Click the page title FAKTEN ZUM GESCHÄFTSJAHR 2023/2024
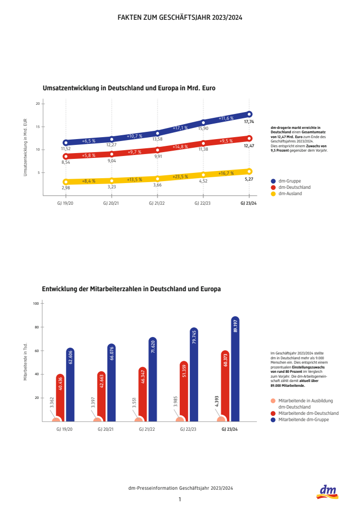(x=180, y=17)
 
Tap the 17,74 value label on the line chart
(x=249, y=122)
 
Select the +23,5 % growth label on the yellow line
(x=180, y=176)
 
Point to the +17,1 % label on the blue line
(x=180, y=128)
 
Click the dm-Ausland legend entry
(x=290, y=194)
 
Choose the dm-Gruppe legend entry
(x=290, y=181)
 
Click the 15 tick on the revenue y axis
(x=37, y=127)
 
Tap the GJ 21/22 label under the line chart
(x=157, y=204)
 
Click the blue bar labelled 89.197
(x=235, y=369)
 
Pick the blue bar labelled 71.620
(x=153, y=380)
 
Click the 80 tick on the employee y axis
(x=36, y=327)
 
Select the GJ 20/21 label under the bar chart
(x=106, y=429)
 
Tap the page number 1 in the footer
(x=180, y=499)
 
